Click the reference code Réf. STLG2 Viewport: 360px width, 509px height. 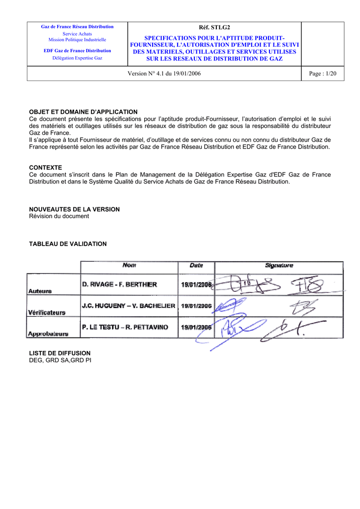click(215, 27)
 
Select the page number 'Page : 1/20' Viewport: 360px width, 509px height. click(323, 74)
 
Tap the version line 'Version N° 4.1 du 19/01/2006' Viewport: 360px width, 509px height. click(165, 74)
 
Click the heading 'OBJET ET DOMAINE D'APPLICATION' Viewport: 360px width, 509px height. click(83, 112)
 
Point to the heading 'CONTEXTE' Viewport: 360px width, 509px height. click(46, 168)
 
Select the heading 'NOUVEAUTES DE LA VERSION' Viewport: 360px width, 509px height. click(75, 209)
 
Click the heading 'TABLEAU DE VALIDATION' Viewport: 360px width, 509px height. click(68, 244)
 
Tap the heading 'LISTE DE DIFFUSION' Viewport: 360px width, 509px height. click(60, 353)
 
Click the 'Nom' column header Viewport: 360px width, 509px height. click(129, 266)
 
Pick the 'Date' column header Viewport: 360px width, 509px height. click(196, 266)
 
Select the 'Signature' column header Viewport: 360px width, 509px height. click(279, 266)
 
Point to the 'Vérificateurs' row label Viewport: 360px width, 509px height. click(47, 313)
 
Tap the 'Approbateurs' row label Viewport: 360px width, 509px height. click(48, 334)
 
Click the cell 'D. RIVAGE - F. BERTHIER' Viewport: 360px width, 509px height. click(119, 285)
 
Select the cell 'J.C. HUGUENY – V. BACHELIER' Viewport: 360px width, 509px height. click(128, 306)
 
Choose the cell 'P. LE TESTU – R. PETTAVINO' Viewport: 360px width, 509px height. click(125, 328)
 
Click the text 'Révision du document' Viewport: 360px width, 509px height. click(59, 216)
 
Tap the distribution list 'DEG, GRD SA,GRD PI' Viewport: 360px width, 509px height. click(60, 360)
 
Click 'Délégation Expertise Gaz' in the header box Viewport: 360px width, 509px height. click(77, 58)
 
